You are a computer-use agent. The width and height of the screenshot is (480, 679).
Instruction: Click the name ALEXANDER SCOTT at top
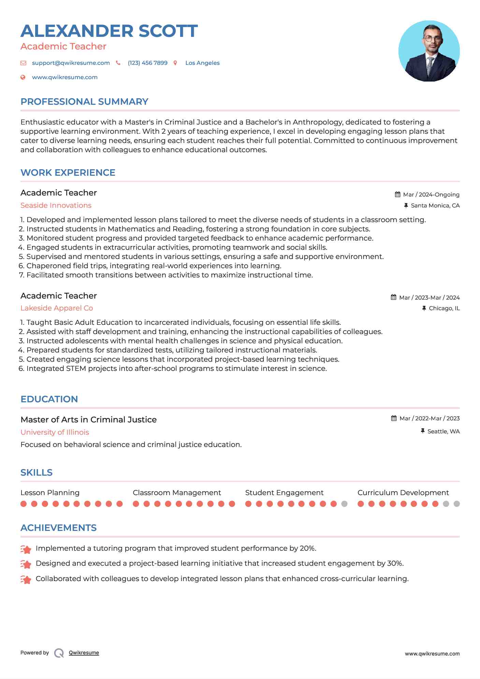[x=109, y=31]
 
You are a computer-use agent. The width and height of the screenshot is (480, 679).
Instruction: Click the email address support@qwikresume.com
[x=71, y=63]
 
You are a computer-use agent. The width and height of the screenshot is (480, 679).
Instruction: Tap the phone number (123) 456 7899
[x=147, y=63]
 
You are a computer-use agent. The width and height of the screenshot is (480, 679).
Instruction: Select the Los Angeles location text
[x=202, y=63]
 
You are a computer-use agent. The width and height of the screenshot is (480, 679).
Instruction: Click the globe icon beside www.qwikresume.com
[x=23, y=77]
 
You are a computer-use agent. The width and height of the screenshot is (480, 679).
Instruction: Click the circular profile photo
[x=429, y=51]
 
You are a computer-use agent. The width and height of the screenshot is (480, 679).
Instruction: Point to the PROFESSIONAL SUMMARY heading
[x=84, y=102]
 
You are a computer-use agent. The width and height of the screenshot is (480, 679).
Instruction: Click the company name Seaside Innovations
[x=56, y=205]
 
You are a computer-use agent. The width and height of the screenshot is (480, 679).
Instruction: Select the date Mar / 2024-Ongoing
[x=431, y=195]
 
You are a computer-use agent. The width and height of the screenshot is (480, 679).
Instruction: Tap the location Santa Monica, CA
[x=435, y=206]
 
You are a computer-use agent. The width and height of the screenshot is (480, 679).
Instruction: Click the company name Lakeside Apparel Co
[x=57, y=308]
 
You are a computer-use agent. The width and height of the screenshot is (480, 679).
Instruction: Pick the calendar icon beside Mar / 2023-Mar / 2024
[x=393, y=298]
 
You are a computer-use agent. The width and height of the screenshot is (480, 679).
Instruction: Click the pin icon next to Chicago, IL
[x=424, y=308]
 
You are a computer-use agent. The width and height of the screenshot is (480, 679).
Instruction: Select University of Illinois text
[x=55, y=432]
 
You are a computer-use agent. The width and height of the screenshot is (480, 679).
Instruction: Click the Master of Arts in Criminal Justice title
[x=89, y=420]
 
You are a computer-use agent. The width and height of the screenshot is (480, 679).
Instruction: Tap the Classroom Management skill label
[x=177, y=493]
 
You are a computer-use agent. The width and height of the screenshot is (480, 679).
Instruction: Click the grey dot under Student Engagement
[x=344, y=504]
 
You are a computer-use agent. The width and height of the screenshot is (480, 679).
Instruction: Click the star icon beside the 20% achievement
[x=26, y=549]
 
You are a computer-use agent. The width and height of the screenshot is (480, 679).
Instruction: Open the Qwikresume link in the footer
[x=84, y=653]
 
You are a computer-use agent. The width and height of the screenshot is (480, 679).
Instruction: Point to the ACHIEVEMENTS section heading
[x=58, y=528]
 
